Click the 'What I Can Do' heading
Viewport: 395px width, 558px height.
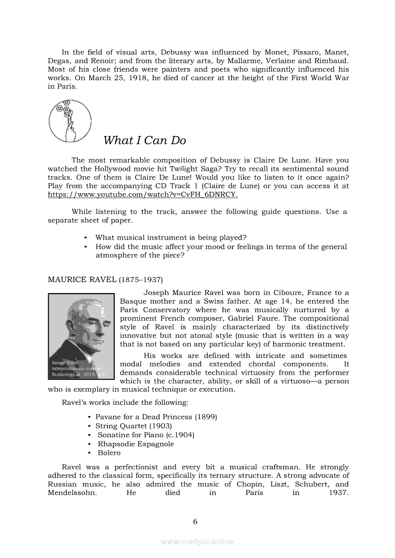144,140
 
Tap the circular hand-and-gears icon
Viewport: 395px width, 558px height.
70,121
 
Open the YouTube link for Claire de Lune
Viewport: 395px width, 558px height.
142,195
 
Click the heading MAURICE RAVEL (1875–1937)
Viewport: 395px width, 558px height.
105,279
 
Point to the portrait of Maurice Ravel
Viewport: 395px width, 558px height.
81,336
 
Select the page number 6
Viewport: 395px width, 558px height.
195,521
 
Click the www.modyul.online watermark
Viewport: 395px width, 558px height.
197,541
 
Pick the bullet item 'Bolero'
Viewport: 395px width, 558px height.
109,453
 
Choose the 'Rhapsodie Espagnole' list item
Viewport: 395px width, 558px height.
136,443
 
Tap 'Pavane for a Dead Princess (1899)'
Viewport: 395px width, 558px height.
156,417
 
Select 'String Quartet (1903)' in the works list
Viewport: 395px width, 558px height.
133,425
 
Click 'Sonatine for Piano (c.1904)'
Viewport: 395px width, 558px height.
146,434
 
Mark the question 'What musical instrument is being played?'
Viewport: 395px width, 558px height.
171,238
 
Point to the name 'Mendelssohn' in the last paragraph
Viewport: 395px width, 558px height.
72,493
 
